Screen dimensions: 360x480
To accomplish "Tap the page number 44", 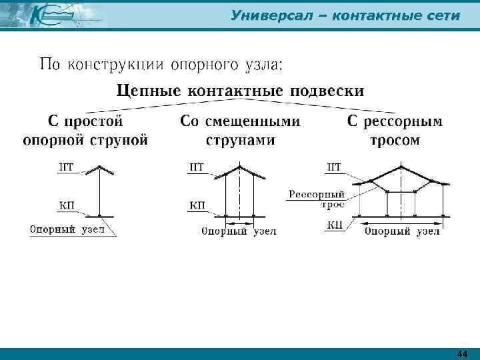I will point(463,353).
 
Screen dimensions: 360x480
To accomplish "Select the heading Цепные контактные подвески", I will point(241,90).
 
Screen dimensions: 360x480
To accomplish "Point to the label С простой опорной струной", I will point(85,131).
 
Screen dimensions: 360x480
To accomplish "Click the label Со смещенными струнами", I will point(240,131).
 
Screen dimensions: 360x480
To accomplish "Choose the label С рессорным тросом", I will point(395,131).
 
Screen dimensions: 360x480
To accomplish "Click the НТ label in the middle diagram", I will point(197,167).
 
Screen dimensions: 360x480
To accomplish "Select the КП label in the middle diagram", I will point(197,205).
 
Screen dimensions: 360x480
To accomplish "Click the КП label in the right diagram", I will point(335,225).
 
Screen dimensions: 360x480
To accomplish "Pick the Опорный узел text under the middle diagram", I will point(238,232).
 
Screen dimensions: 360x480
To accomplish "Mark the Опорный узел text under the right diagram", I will point(401,232).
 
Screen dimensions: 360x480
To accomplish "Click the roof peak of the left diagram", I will point(99,166).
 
